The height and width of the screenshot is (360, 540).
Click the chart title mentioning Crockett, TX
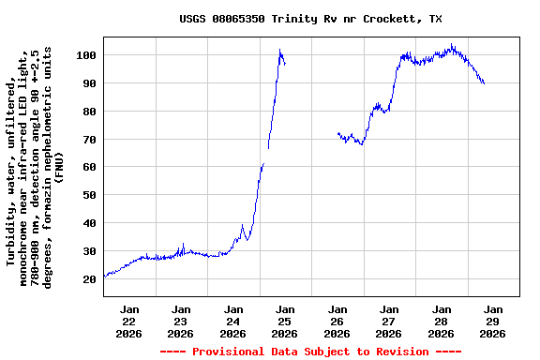(310, 19)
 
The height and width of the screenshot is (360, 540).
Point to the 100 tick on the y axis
(87, 55)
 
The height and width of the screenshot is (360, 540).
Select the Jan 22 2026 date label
(129, 321)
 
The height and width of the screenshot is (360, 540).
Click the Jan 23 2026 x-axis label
(181, 321)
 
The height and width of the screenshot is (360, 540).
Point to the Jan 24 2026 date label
(233, 321)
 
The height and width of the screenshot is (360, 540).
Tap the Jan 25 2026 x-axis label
(285, 321)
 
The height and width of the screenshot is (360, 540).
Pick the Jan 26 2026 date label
(337, 321)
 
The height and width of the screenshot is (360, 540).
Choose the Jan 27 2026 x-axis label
(389, 321)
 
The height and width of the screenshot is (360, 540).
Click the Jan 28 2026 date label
(442, 321)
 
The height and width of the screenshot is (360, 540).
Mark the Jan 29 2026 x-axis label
(493, 321)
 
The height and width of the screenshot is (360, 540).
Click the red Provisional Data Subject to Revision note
(310, 352)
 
